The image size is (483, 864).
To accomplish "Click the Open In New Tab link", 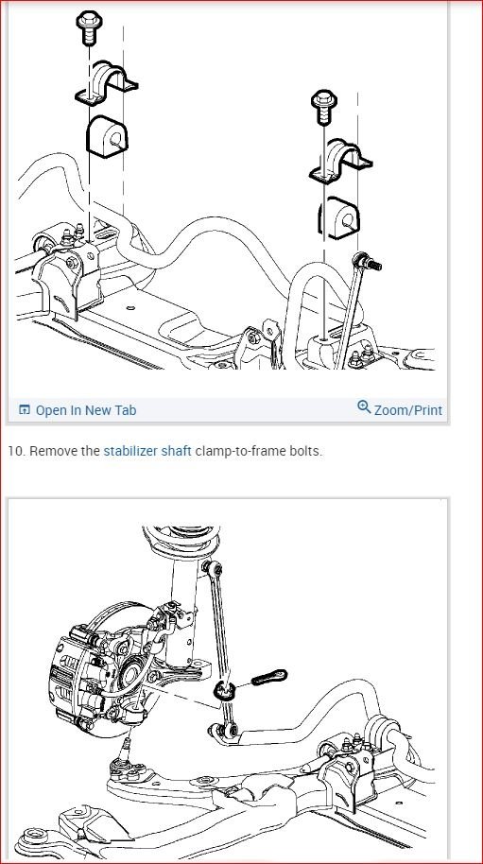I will point(85,410).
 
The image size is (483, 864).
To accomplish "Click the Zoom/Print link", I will point(407,410).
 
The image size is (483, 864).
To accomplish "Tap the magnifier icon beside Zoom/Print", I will point(364,407).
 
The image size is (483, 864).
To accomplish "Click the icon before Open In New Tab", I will point(25,410).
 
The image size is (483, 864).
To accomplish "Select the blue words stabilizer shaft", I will point(147,451).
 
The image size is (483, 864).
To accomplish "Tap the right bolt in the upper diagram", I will point(322,107).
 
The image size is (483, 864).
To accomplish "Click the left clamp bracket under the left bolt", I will point(106,86).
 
